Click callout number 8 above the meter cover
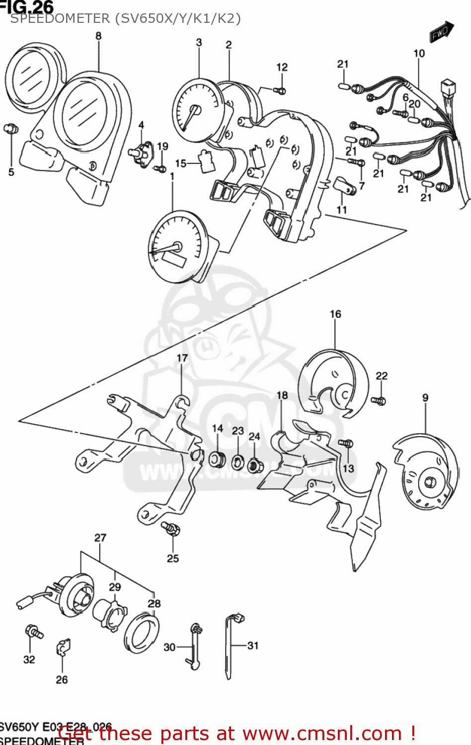pos(98,36)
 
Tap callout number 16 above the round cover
pos(335,314)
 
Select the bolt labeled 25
pos(171,529)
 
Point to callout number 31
pos(253,645)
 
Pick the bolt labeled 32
pos(34,632)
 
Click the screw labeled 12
pos(279,90)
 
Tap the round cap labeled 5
pos(10,129)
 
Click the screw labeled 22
pos(379,400)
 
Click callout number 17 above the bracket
pos(182,358)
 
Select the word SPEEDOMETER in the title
pos(60,19)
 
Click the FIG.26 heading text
pos(27,7)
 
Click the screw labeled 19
pos(160,169)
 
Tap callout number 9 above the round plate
pos(425,397)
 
